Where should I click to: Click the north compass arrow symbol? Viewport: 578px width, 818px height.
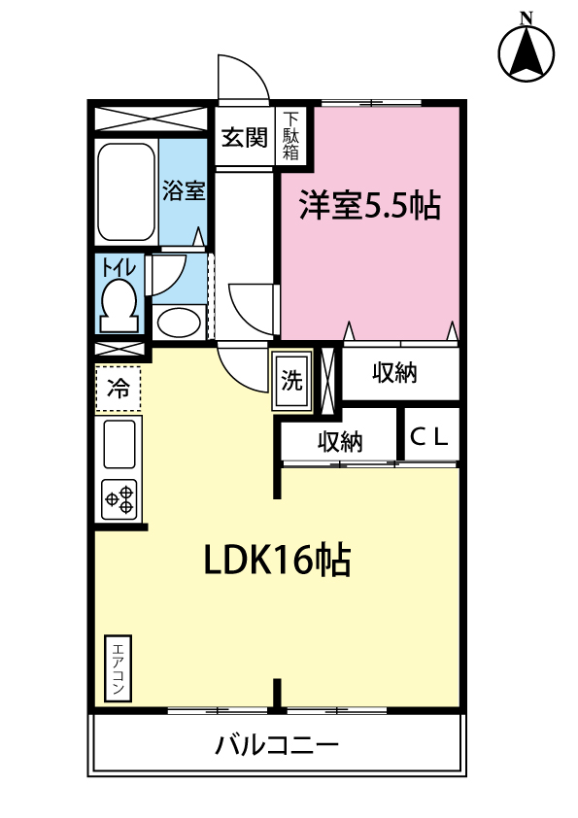pyautogui.click(x=527, y=51)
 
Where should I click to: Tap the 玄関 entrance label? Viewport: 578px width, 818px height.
pyautogui.click(x=243, y=137)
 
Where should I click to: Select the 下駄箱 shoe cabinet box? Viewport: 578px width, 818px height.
pyautogui.click(x=291, y=137)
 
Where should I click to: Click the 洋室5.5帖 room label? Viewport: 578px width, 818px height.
pyautogui.click(x=369, y=206)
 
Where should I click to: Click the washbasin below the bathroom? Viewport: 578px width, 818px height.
pyautogui.click(x=178, y=321)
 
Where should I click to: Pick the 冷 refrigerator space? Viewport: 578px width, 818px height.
pyautogui.click(x=119, y=390)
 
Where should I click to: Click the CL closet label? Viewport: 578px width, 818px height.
pyautogui.click(x=429, y=436)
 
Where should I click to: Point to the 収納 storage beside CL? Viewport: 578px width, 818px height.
pyautogui.click(x=340, y=442)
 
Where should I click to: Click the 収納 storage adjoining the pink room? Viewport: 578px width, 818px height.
pyautogui.click(x=393, y=373)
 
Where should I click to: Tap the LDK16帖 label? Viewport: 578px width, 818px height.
pyautogui.click(x=277, y=561)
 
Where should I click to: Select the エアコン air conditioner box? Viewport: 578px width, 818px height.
pyautogui.click(x=119, y=669)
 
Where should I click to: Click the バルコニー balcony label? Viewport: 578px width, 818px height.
pyautogui.click(x=277, y=746)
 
